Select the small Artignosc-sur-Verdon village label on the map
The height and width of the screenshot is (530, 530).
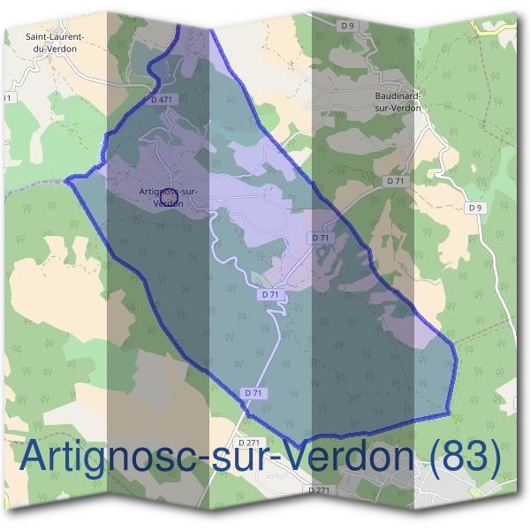(168, 196)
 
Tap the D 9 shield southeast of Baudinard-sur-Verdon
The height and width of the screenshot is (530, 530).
(476, 207)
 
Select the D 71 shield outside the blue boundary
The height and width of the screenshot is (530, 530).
(394, 179)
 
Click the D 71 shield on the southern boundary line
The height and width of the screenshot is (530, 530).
(252, 391)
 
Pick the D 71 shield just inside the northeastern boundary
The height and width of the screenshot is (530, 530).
(320, 238)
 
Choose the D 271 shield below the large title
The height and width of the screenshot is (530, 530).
(320, 489)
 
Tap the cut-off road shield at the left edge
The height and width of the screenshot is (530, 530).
(7, 98)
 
